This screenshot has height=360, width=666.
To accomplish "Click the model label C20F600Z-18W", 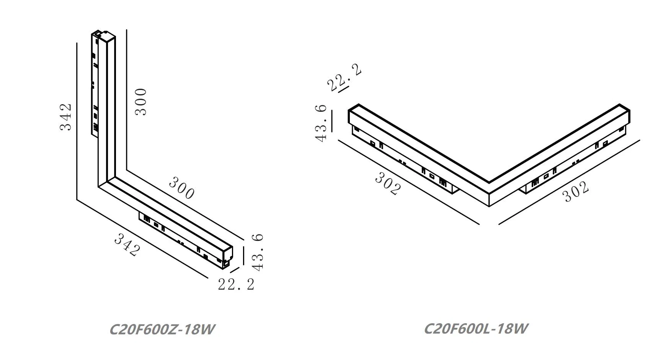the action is click(162, 329).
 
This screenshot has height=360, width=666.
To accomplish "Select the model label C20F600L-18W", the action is click(477, 329).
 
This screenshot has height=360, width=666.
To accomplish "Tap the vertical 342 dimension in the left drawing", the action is click(66, 117).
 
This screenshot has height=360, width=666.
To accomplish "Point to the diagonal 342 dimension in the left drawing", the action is click(127, 245).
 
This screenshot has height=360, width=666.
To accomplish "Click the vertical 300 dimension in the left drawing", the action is click(141, 101).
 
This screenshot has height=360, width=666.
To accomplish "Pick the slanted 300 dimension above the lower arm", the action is click(181, 188).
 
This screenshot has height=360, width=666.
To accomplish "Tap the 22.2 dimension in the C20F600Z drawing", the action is click(236, 284).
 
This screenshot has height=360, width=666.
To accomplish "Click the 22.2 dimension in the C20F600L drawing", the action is click(344, 78).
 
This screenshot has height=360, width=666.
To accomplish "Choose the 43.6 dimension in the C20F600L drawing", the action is click(322, 123).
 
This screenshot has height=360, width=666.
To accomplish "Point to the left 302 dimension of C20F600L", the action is click(388, 183).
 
